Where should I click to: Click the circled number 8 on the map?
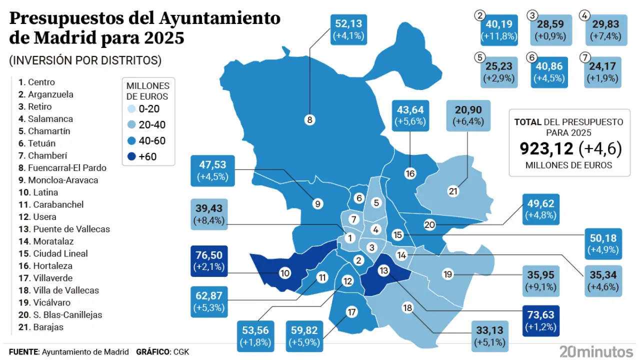point(309,119)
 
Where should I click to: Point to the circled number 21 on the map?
point(453,191)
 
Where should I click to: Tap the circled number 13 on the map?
point(384,270)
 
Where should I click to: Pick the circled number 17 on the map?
point(352,312)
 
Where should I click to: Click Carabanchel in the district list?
point(58,204)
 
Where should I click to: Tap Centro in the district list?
point(41,82)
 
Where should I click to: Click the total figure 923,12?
point(547,148)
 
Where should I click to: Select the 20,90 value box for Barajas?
point(467,115)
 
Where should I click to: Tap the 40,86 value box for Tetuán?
point(549,72)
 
